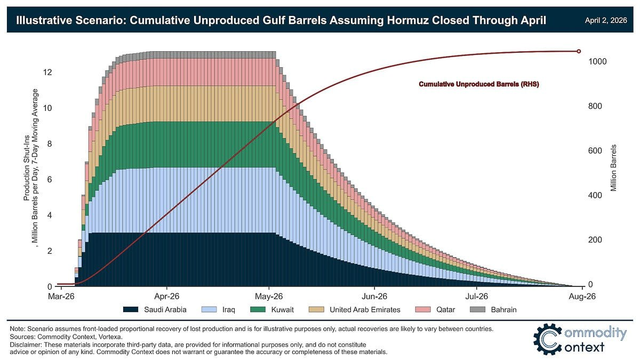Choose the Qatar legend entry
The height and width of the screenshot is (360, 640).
point(445,309)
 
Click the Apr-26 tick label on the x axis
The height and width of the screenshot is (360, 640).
point(167,296)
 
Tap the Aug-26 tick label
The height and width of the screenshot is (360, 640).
point(583,296)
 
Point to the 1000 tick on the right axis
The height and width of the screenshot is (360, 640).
point(597,61)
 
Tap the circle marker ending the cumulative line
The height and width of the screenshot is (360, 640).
point(579,51)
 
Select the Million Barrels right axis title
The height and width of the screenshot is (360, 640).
point(614,167)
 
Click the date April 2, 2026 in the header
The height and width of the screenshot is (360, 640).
point(605,20)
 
